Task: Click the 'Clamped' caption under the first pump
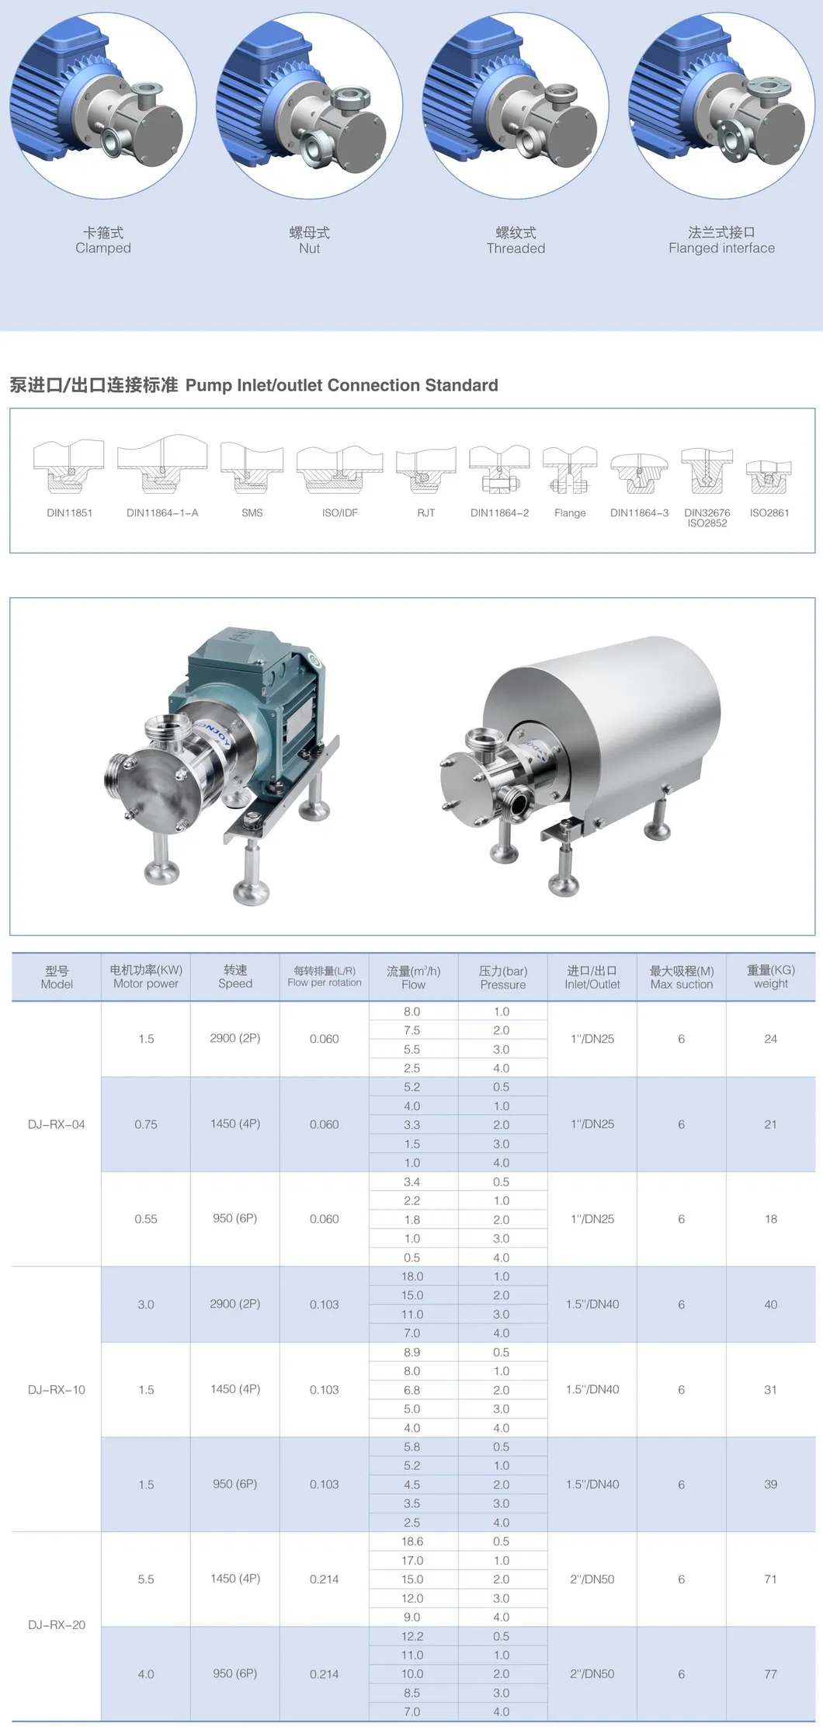click(103, 248)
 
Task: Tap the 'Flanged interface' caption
click(722, 248)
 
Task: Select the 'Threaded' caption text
click(516, 248)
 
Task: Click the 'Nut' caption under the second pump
click(309, 248)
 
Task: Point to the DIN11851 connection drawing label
click(70, 513)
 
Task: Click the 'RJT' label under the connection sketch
click(426, 513)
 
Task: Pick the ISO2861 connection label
click(769, 513)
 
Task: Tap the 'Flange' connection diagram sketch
click(570, 471)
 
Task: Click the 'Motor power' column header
click(146, 984)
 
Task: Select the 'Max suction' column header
click(682, 985)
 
